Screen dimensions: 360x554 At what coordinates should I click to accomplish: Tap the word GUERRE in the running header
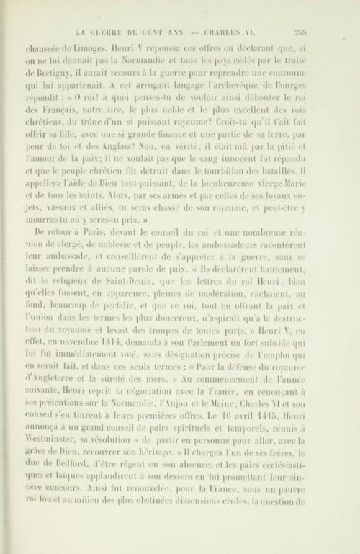point(117,31)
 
